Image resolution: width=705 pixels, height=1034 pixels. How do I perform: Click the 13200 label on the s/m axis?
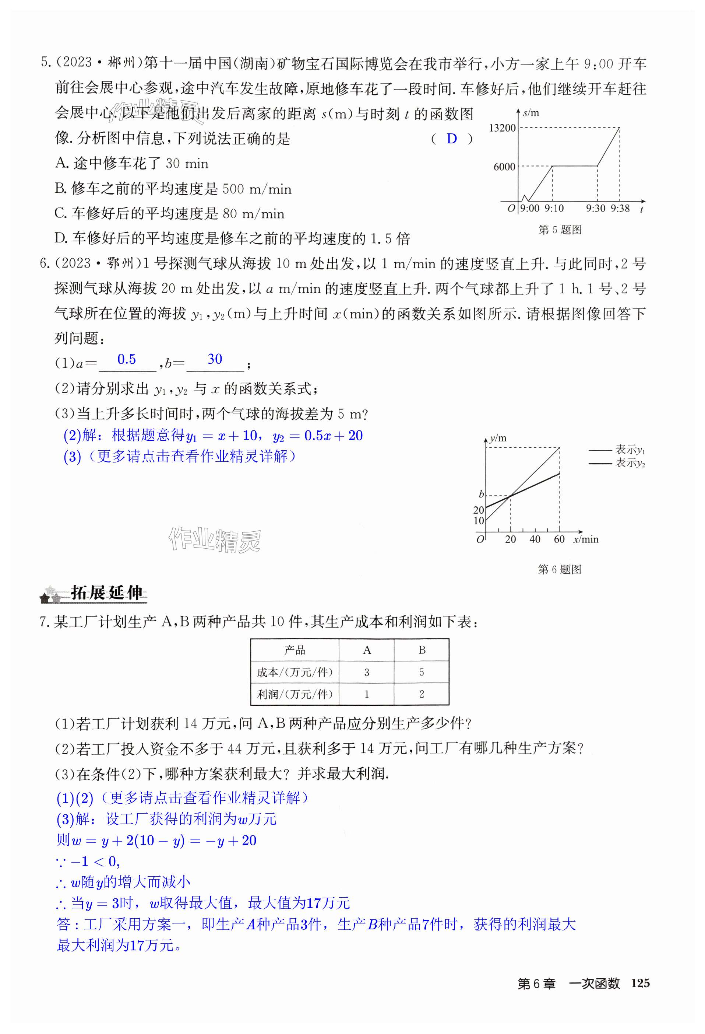(x=502, y=128)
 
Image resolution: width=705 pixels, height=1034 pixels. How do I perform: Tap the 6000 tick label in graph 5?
(x=504, y=167)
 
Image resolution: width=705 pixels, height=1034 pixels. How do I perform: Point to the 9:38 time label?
(x=620, y=208)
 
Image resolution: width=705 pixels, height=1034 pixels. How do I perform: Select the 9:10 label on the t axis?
(x=554, y=208)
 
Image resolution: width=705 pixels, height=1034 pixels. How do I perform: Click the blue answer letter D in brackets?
(x=452, y=139)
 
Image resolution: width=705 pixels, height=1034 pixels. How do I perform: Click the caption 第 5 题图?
(x=560, y=230)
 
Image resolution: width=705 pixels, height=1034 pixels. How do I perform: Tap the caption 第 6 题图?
(x=559, y=569)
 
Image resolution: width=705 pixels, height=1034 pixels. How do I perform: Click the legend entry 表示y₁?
(x=630, y=450)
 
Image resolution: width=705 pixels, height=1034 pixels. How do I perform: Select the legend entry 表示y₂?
(x=630, y=463)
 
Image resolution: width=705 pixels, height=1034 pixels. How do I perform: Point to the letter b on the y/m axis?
(x=481, y=494)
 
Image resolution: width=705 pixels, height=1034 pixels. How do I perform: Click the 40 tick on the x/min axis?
(x=535, y=539)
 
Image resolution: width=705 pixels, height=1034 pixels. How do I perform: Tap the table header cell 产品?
(x=295, y=650)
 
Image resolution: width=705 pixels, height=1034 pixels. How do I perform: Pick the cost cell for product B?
(x=422, y=672)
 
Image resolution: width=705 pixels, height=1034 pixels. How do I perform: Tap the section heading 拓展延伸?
(x=106, y=593)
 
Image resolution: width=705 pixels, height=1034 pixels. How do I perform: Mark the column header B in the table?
(x=422, y=650)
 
